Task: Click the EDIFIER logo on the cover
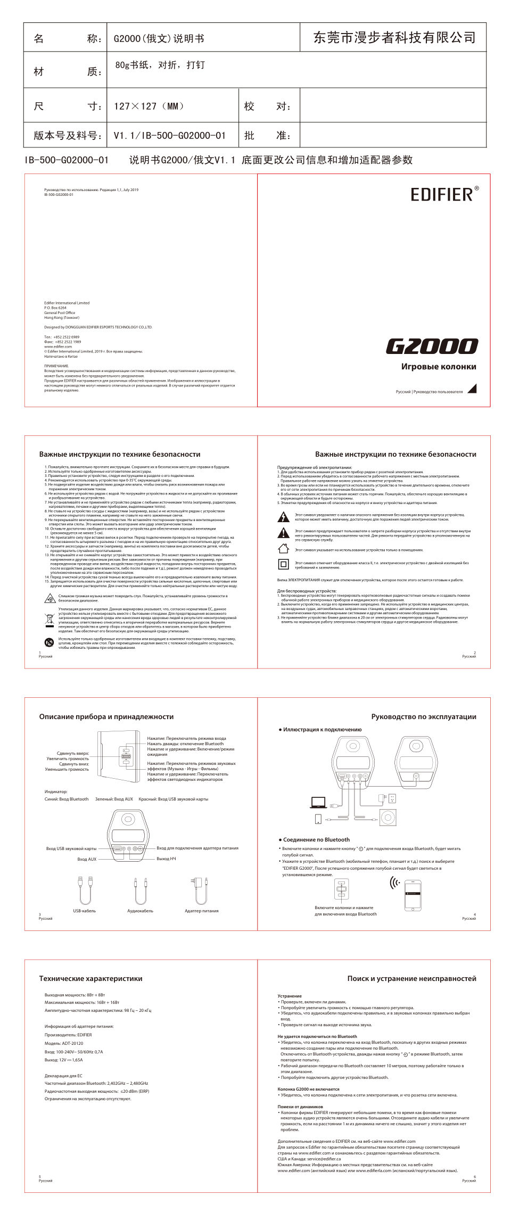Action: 443,194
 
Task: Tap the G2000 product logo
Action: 432,347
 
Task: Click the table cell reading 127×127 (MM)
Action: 149,106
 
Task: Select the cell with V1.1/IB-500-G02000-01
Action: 169,136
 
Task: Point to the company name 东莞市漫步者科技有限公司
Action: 394,38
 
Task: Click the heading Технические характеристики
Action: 90,978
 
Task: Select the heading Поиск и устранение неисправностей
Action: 411,978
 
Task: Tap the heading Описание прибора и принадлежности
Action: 106,717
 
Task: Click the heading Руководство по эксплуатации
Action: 423,717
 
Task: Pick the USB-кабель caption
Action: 84,911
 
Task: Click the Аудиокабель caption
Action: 140,911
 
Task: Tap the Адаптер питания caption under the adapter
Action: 201,911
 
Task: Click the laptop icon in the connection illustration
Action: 318,803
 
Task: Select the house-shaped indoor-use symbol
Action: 284,549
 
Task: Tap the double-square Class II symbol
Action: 284,564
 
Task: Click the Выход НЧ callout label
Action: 166,859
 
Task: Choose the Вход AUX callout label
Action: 87,859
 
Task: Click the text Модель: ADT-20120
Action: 64,1043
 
